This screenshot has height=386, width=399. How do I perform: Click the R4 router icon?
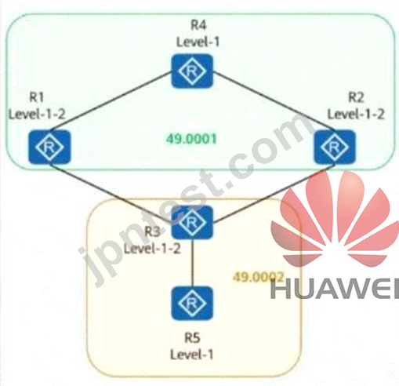point(192,71)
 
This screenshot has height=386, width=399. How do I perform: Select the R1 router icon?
point(49,147)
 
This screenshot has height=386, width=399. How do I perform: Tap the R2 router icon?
point(335,147)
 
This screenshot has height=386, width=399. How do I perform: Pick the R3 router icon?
point(192,222)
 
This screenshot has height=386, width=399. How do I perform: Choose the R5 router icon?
point(192,303)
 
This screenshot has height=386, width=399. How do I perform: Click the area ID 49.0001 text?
point(191,139)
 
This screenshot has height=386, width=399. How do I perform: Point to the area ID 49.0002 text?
point(258,277)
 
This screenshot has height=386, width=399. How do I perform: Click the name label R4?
point(198,25)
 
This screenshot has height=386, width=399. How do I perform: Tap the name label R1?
point(36,97)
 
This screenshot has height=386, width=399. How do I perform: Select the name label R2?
point(356,97)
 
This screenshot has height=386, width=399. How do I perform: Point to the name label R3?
point(152,231)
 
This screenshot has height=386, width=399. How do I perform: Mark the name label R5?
point(192,338)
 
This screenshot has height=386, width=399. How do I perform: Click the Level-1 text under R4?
point(198,42)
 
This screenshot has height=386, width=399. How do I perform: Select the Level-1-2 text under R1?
point(37,114)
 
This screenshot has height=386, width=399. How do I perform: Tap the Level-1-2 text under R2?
point(356,114)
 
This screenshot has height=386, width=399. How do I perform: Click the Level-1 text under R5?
point(192,355)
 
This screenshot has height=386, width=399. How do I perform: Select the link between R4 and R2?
point(274,101)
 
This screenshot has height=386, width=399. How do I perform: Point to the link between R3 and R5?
point(192,263)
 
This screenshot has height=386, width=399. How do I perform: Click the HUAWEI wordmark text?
point(335,289)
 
